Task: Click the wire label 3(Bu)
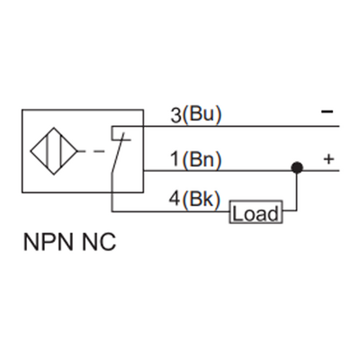click(x=195, y=114)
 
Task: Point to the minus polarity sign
click(x=327, y=112)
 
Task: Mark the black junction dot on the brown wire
click(x=294, y=168)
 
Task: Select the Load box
click(x=256, y=213)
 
